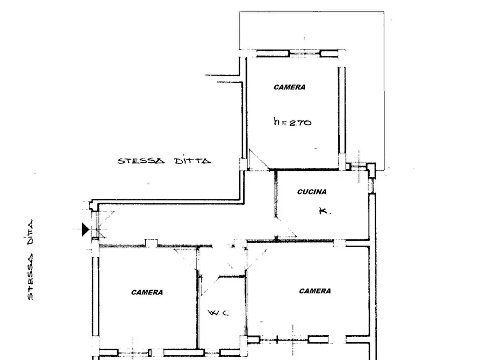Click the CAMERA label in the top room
[289, 87]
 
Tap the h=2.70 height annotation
[292, 122]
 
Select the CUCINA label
[312, 192]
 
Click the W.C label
[218, 313]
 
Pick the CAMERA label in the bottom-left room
[147, 292]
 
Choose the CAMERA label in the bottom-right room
[314, 291]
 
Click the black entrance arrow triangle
[85, 229]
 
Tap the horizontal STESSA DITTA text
[164, 161]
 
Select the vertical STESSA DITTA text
[30, 260]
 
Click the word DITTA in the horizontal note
[192, 161]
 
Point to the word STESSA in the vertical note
[30, 276]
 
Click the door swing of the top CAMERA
[259, 159]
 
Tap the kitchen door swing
[286, 227]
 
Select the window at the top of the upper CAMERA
[297, 54]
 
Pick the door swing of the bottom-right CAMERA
[256, 260]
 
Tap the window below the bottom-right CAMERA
[294, 340]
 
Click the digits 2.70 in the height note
[300, 123]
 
